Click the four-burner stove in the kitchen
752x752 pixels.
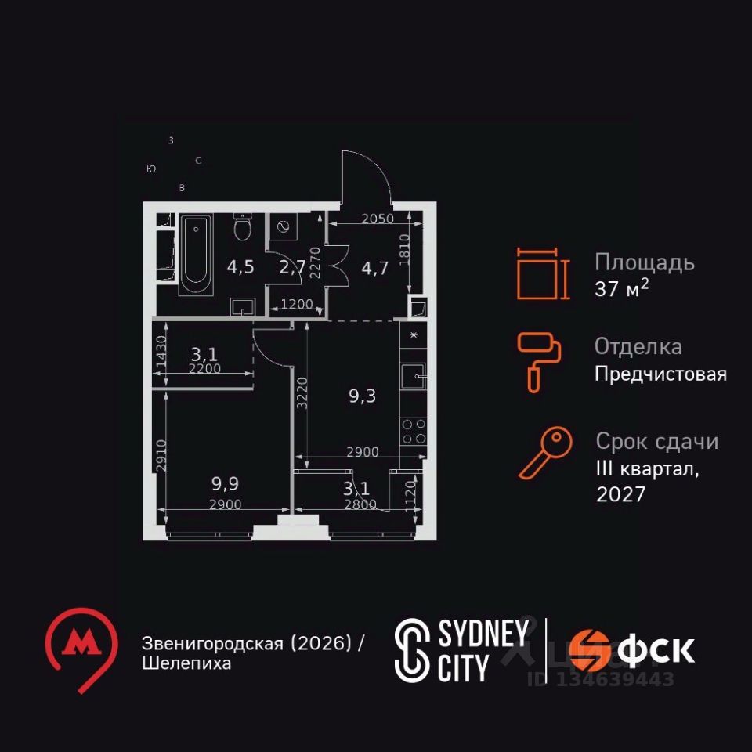coord(413,432)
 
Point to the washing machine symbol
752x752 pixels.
coord(281,227)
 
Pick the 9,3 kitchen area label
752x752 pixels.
coord(362,396)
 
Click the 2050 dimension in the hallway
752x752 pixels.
coord(378,219)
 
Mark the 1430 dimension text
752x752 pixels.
coord(162,352)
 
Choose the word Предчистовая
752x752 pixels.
coord(660,374)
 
